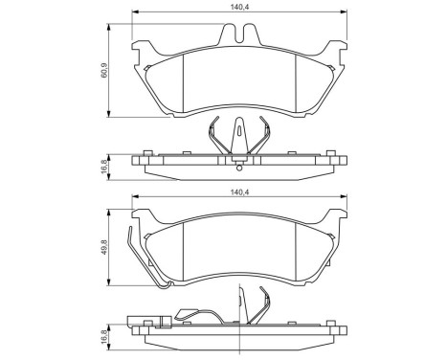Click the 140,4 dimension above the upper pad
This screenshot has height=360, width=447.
237,8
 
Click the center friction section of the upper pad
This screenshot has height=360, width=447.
237,81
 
